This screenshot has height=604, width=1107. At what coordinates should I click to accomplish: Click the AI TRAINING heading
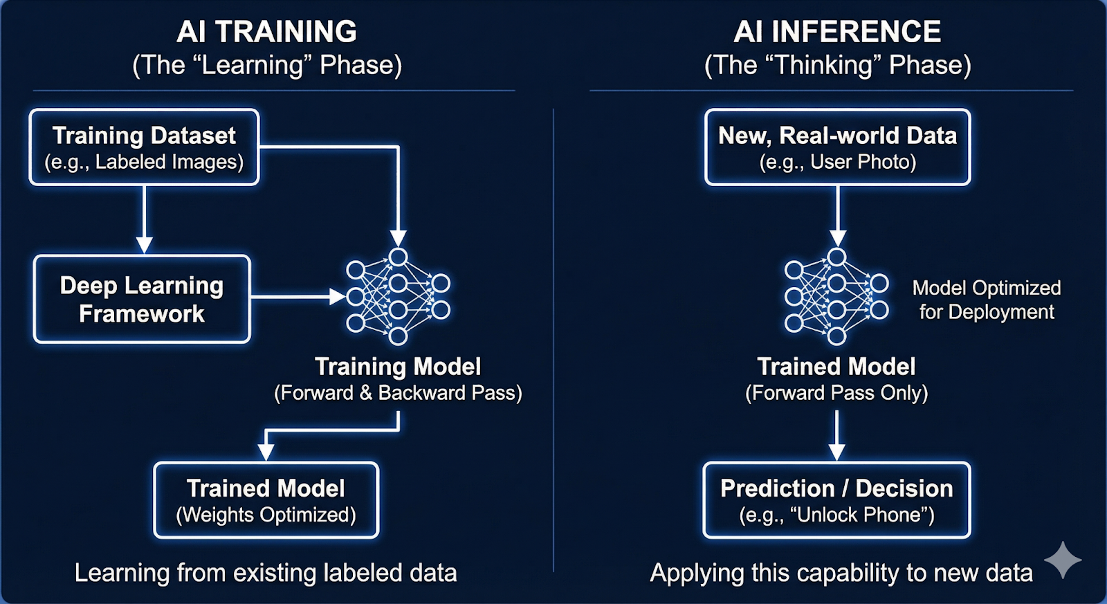tap(266, 32)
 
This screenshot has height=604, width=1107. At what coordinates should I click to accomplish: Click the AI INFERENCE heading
tap(837, 32)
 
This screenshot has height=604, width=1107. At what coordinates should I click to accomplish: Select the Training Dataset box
tap(144, 147)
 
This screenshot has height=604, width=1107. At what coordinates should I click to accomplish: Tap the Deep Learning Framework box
tap(142, 299)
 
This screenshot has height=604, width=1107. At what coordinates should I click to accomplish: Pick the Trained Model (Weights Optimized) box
tap(266, 500)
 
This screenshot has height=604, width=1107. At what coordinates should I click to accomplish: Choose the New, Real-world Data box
tap(837, 147)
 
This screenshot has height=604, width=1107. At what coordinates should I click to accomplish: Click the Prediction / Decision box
tap(836, 500)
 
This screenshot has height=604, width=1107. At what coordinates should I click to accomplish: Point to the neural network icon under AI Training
tap(398, 297)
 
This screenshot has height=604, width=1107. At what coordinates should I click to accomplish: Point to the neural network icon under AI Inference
tap(836, 297)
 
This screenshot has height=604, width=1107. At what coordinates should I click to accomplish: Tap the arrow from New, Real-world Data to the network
tap(837, 214)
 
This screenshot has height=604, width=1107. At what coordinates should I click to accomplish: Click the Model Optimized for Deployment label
tap(986, 300)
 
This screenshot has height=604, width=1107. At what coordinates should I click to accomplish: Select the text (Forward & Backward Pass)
tap(398, 393)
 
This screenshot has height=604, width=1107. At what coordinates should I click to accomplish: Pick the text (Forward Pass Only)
tap(836, 393)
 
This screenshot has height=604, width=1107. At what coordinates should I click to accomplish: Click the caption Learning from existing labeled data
tap(266, 573)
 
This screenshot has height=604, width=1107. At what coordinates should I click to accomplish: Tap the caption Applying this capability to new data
tap(841, 573)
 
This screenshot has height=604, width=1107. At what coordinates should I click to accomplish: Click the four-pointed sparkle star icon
tap(1063, 560)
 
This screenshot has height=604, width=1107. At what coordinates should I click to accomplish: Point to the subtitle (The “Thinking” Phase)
tap(837, 65)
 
